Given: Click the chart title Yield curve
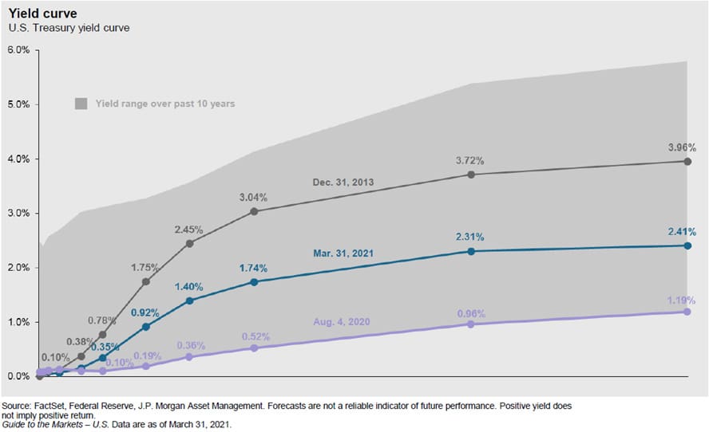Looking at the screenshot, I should coord(38,13).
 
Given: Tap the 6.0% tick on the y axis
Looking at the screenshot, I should coord(18,49).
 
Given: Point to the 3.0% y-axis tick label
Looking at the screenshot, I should coord(18,214).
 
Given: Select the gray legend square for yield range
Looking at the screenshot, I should coord(81,103).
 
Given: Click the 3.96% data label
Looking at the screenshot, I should coord(682,147).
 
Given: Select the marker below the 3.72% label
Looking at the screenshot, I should coord(471,175).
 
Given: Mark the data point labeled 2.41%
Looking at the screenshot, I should coord(687,245).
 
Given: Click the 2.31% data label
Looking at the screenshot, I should coord(469,237).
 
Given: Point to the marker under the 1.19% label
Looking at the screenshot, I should coord(687,312).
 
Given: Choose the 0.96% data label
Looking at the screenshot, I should coord(469,312).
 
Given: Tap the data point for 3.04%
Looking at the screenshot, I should coord(254,211).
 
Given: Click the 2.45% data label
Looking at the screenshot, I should coord(189,230).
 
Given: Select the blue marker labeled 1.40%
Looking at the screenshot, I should coord(189,300).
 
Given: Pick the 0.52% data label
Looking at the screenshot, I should coord(255,336).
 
